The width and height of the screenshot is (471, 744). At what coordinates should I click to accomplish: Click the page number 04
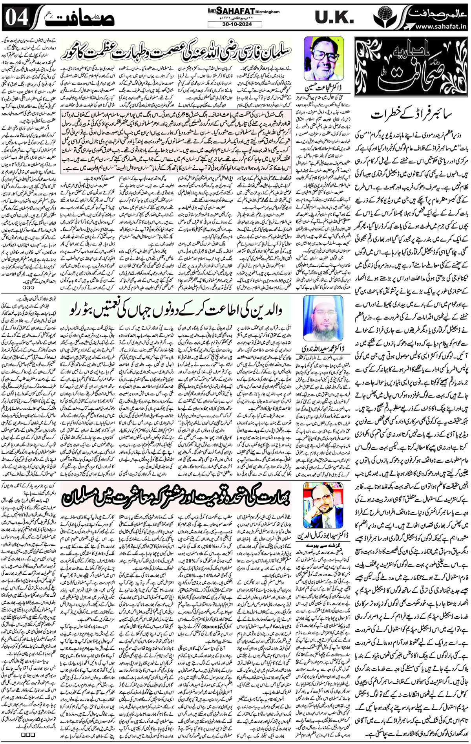[16, 17]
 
